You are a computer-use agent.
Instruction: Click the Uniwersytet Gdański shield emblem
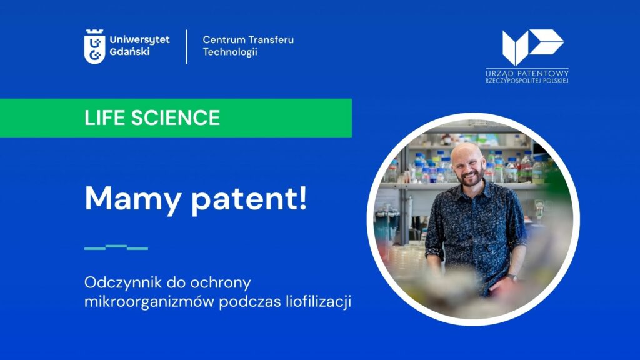click(x=95, y=46)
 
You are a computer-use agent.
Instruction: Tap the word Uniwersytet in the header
click(x=139, y=40)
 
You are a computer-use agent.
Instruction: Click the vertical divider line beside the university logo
click(x=186, y=46)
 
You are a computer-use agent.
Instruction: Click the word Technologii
click(x=230, y=52)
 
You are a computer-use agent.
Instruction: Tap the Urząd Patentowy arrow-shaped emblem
click(x=532, y=46)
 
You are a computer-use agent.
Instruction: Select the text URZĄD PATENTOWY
click(x=527, y=74)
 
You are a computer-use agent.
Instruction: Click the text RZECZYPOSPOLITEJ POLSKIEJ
click(x=527, y=81)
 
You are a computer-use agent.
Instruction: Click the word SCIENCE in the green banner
click(x=176, y=118)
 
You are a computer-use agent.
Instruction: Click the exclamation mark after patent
click(x=302, y=197)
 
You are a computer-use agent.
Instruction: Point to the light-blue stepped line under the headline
click(x=116, y=247)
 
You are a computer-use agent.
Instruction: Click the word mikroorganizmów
click(x=149, y=302)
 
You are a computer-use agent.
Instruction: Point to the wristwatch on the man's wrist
click(x=511, y=278)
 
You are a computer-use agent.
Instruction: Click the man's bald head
click(x=467, y=149)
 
